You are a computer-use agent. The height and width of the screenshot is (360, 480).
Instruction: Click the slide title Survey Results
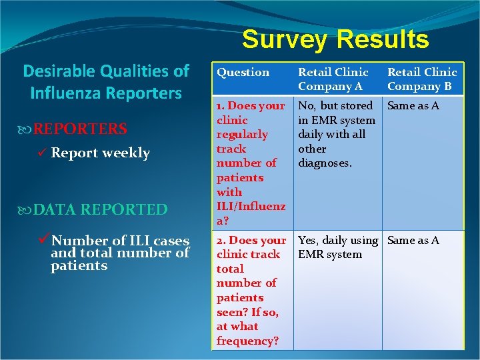pos(335,39)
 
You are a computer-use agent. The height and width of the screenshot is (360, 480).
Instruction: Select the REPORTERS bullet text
pos(80,129)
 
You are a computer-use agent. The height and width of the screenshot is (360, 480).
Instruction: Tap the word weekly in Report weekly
pos(126,153)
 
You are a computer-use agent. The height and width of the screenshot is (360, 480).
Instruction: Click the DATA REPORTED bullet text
pos(100,210)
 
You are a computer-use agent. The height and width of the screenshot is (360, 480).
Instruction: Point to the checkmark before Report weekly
pos(41,153)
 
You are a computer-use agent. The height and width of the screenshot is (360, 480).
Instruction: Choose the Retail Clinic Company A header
pos(333,79)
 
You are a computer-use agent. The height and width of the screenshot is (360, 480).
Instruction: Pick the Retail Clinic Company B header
pos(422,79)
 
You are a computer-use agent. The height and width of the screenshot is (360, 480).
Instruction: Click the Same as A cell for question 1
pos(413,105)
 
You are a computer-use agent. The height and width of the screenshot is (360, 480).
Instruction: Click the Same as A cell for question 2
pos(413,240)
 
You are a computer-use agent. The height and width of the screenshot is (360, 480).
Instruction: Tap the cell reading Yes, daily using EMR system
pos(337,247)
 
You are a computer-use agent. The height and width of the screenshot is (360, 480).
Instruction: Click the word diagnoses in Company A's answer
pos(325,163)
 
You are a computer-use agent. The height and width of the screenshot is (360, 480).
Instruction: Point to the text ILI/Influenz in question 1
pos(251,207)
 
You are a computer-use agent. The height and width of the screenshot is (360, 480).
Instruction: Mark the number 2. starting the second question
pos(222,240)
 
